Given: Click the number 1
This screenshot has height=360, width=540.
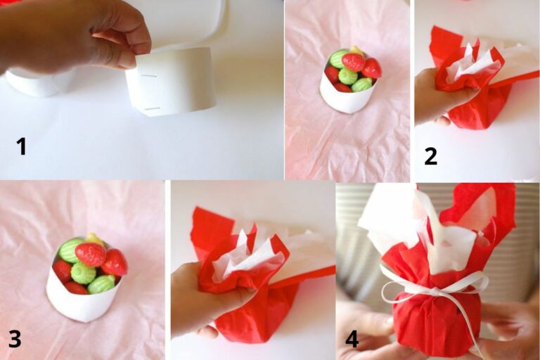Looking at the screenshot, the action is [x=22, y=146].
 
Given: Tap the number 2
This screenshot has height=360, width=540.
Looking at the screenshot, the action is [x=431, y=156].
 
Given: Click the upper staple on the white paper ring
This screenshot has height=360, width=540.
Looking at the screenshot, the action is [x=149, y=76].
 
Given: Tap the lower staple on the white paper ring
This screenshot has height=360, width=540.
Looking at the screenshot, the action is [x=152, y=109].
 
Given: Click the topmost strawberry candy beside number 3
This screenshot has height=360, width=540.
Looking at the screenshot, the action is [x=90, y=255].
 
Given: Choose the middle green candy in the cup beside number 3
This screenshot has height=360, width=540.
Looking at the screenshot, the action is [x=83, y=272].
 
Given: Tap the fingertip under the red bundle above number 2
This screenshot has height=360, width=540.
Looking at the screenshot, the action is [x=442, y=120].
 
